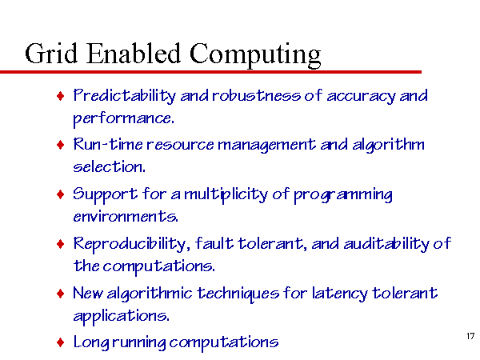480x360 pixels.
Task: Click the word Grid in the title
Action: coord(51,54)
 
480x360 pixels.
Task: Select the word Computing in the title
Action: coord(255,55)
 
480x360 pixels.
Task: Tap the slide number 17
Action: coord(470,336)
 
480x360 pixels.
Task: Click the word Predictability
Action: coord(125,96)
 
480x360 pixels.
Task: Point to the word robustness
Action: coord(256,95)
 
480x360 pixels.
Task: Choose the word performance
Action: coord(124,118)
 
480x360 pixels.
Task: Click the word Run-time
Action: coord(108,144)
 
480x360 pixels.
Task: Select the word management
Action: coord(266,145)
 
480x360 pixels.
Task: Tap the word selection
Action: coord(109,167)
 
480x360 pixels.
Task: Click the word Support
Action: coord(106,194)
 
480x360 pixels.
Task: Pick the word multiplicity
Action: coord(226,194)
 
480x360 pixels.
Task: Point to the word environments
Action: coord(126,217)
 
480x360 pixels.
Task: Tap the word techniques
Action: coord(238,294)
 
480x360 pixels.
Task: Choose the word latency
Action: coord(339,294)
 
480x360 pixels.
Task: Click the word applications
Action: coord(121,316)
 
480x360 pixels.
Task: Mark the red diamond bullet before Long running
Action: coord(61,342)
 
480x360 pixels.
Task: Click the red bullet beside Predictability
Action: coord(61,96)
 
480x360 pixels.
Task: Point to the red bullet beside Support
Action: coord(61,194)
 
